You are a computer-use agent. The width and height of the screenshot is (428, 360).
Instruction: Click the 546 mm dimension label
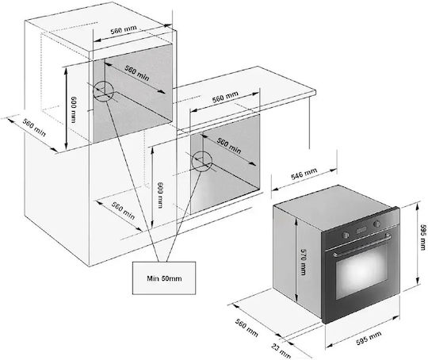(x=304, y=174)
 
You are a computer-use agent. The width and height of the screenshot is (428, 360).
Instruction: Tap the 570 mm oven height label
(x=304, y=262)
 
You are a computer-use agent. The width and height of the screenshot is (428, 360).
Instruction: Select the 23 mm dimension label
(x=281, y=350)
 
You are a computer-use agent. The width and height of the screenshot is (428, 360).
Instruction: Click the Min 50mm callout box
(x=164, y=278)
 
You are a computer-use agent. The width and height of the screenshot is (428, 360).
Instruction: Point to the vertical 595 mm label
(x=422, y=237)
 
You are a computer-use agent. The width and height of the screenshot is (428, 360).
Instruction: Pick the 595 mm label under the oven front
(x=369, y=339)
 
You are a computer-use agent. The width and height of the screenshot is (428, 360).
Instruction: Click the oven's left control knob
(x=346, y=235)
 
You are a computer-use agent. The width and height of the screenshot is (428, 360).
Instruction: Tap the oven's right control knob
(x=376, y=224)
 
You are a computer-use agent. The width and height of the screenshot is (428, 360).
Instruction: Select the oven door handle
(x=362, y=246)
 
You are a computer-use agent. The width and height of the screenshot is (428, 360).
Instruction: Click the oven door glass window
(x=362, y=271)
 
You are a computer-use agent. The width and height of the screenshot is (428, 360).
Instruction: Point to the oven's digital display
(x=361, y=229)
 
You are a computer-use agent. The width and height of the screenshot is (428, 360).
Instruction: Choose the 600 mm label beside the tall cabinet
(x=74, y=109)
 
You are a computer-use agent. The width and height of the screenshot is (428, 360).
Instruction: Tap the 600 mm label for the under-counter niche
(x=160, y=195)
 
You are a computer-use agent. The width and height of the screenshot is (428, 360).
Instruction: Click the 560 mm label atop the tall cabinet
(x=124, y=29)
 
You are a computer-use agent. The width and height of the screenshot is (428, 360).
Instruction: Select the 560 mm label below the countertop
(x=225, y=97)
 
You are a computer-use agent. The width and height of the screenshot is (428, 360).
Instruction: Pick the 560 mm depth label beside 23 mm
(x=246, y=327)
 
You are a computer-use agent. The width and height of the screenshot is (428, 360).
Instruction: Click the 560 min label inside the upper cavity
(x=137, y=73)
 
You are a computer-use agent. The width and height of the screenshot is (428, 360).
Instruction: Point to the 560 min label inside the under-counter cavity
(x=229, y=146)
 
